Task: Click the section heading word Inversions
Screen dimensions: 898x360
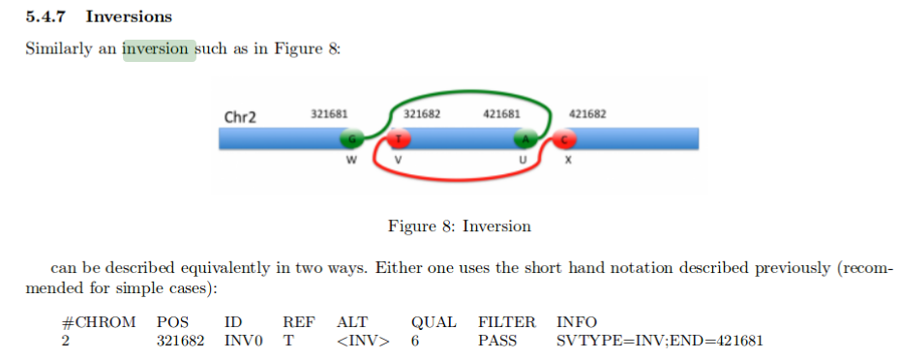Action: [x=129, y=16]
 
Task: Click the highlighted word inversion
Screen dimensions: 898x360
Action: [x=159, y=49]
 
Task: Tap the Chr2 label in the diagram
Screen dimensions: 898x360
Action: [x=240, y=118]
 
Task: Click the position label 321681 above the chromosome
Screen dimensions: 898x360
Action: [x=329, y=114]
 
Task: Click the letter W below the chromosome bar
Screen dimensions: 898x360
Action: [x=351, y=161]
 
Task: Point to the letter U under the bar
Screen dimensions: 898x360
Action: [x=524, y=161]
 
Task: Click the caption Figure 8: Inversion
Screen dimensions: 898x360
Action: [x=460, y=226]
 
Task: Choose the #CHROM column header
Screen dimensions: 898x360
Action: [x=98, y=321]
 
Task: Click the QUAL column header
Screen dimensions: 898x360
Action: [x=434, y=321]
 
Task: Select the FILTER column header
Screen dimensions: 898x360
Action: [x=506, y=321]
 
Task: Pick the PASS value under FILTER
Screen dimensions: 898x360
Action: [x=497, y=341]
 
